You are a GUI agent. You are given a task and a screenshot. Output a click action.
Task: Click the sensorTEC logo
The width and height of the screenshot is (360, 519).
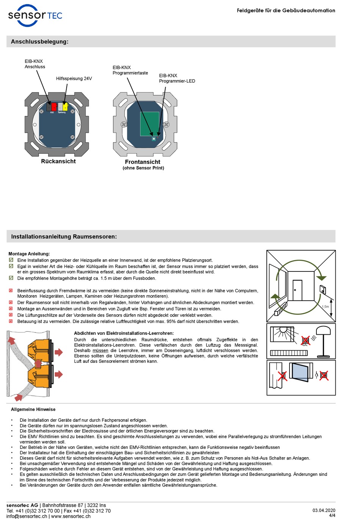[x=35, y=16]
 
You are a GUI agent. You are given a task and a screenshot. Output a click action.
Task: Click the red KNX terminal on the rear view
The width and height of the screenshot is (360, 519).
[x=54, y=107]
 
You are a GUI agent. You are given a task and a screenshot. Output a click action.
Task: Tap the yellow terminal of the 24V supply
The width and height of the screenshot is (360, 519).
[x=65, y=107]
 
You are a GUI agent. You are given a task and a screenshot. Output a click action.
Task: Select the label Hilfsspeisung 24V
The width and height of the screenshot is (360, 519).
[x=74, y=78]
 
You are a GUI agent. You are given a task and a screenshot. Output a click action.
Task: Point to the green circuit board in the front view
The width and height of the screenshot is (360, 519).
[x=150, y=124]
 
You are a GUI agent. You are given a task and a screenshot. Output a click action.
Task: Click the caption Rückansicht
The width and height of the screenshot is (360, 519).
[x=58, y=161]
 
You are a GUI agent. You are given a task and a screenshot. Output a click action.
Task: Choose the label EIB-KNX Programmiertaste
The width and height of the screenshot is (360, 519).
[x=130, y=70]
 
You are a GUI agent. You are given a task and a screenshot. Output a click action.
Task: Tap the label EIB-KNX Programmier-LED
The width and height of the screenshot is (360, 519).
[x=177, y=78]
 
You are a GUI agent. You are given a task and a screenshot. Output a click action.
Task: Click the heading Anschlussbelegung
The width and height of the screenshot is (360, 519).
[x=40, y=42]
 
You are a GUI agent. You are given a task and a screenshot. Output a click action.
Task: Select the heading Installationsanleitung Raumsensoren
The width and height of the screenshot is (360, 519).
[x=64, y=237]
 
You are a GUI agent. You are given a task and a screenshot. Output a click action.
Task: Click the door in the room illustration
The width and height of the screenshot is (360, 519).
[x=297, y=290]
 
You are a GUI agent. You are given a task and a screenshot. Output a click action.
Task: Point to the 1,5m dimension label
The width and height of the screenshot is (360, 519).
[x=325, y=307]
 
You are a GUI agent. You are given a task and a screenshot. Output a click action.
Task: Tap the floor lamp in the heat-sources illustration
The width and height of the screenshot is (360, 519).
[x=323, y=341]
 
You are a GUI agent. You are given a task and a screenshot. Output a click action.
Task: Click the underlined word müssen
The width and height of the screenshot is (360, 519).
[x=100, y=350]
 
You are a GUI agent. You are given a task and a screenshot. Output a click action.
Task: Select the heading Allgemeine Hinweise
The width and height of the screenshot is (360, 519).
[x=33, y=409]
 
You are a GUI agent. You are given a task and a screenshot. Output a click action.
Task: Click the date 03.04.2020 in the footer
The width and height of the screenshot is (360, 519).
[x=324, y=510]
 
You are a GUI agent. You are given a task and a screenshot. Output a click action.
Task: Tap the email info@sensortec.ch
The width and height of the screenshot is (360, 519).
[x=27, y=516]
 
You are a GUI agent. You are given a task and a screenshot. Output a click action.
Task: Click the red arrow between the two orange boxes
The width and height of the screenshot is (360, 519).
[x=38, y=364]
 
